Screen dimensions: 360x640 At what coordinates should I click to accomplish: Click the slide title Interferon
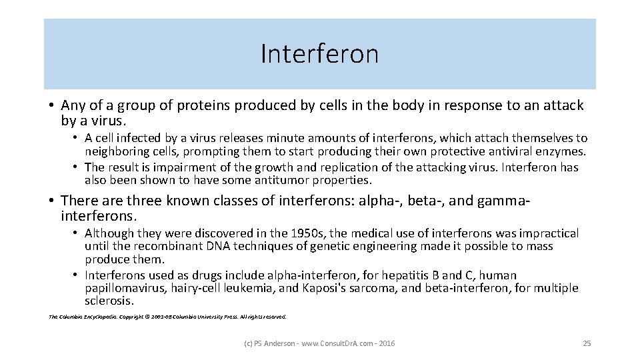click(319, 54)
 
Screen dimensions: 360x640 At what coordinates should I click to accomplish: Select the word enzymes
click(562, 151)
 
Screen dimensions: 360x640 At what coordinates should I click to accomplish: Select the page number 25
click(587, 343)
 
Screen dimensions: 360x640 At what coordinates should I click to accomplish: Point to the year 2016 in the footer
click(385, 343)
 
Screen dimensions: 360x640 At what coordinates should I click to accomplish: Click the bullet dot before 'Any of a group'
click(51, 106)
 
